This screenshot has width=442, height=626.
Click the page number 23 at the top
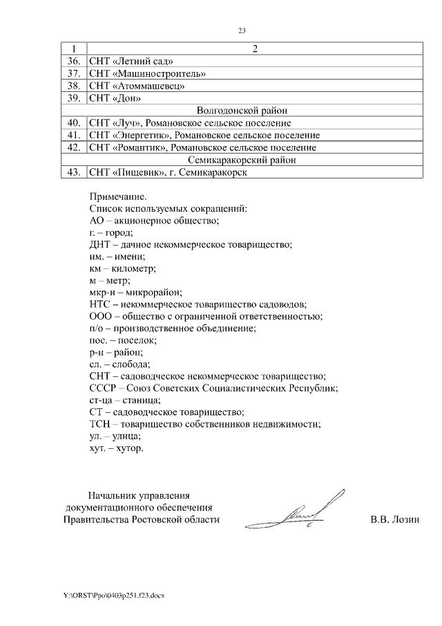242,30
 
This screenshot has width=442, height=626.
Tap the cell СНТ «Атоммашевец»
137,86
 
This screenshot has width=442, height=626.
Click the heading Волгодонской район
242,110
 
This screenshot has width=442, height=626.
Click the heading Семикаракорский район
242,160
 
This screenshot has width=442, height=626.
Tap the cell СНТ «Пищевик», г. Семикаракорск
168,172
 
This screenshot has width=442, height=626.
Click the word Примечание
118,196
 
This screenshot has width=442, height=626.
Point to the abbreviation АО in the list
97,221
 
